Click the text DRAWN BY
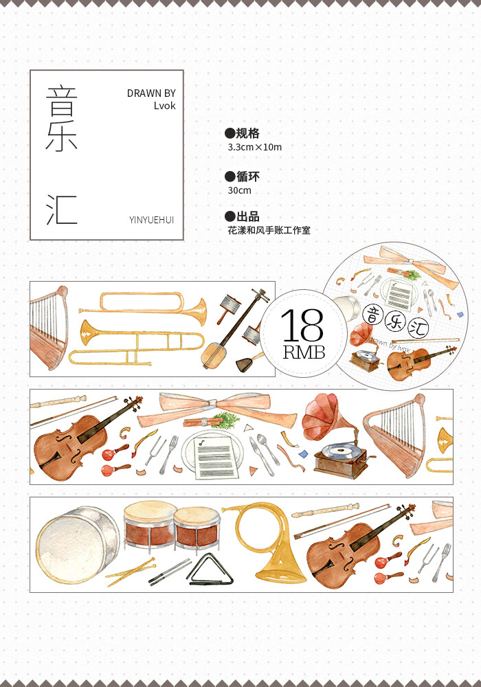click(151, 93)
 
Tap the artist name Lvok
click(164, 106)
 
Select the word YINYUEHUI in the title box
click(151, 220)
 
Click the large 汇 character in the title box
click(62, 210)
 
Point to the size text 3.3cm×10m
click(254, 147)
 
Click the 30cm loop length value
click(240, 190)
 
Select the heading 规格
click(247, 133)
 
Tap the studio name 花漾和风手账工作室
click(269, 231)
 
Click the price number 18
click(302, 326)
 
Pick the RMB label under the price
click(302, 353)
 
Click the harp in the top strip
click(49, 326)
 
